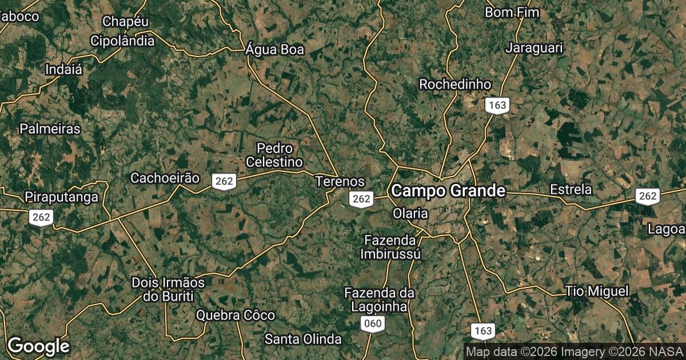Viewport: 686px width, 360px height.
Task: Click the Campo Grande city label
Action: (x=449, y=190)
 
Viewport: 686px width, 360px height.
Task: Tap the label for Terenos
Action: (x=340, y=181)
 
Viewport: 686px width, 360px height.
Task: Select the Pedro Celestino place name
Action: (x=274, y=155)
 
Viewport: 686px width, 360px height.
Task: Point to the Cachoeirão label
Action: (x=165, y=178)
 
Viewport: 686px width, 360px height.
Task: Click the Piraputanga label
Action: (x=61, y=197)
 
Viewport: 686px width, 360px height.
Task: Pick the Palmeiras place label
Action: (x=50, y=129)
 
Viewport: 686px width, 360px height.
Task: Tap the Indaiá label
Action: (x=63, y=70)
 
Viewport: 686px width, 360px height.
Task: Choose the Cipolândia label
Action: (x=122, y=41)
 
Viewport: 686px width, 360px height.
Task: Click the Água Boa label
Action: (x=274, y=50)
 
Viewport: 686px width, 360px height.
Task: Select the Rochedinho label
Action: (x=455, y=84)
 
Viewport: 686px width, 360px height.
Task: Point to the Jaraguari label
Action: (x=534, y=47)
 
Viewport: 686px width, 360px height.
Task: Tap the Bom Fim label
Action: (x=512, y=12)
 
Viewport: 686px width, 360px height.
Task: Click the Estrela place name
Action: (x=571, y=189)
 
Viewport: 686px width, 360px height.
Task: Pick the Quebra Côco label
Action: (x=236, y=315)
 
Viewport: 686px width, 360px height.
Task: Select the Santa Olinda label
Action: (x=303, y=339)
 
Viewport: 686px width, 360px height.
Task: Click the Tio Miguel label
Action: (x=597, y=291)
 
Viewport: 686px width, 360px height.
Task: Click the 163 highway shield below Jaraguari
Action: (x=497, y=105)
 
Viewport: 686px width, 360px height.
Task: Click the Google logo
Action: (x=38, y=346)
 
